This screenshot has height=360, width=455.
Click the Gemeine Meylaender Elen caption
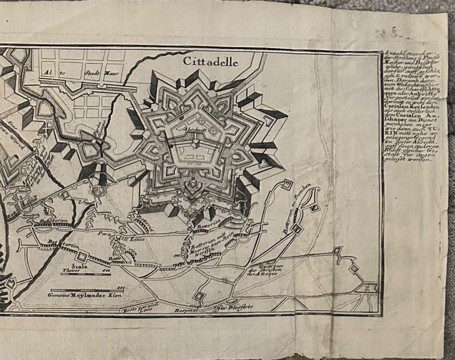[x=85, y=294]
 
